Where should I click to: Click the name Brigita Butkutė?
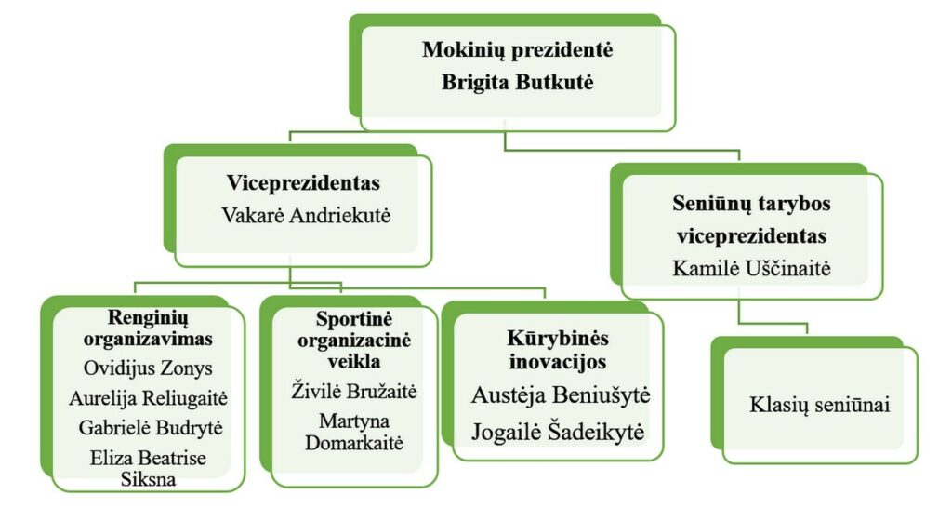click(517, 82)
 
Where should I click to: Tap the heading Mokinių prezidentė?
click(517, 50)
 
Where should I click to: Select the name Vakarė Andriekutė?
click(306, 215)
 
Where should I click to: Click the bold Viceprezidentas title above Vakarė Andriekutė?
click(304, 183)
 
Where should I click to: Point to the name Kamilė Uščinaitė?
click(751, 268)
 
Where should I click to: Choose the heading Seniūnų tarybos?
click(751, 204)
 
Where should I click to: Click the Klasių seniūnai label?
click(820, 405)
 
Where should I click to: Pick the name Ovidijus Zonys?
click(148, 368)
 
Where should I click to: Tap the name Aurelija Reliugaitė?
click(148, 398)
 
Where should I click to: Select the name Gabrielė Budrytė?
click(151, 428)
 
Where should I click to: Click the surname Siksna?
click(148, 479)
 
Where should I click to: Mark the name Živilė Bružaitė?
click(354, 391)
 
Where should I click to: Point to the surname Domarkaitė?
click(354, 443)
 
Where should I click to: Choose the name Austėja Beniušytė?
click(561, 395)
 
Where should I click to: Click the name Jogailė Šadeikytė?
click(558, 432)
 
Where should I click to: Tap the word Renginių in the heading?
click(148, 318)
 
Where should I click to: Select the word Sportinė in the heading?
click(354, 319)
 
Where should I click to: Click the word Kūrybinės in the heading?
click(558, 338)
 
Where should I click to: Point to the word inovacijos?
click(558, 362)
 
